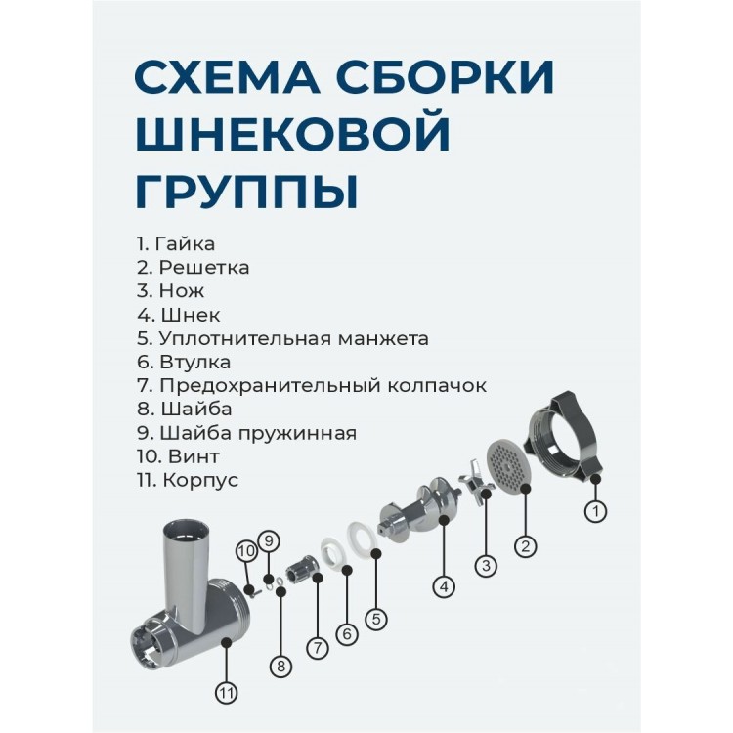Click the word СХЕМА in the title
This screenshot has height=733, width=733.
(227, 75)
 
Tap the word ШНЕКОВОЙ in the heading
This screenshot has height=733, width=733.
(292, 133)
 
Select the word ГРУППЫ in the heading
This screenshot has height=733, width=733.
(247, 191)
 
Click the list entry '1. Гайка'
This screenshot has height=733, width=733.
(176, 243)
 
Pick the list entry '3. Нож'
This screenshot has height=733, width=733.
(171, 291)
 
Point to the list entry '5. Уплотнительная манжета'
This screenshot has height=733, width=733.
(282, 338)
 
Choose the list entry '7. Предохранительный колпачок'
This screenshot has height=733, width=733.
(312, 386)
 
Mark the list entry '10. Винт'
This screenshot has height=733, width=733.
(178, 456)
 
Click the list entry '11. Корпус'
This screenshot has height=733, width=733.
(188, 480)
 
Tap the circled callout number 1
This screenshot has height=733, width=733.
(595, 511)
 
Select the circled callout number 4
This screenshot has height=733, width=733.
(444, 586)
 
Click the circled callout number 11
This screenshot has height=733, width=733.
(227, 693)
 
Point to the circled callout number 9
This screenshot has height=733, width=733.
(269, 541)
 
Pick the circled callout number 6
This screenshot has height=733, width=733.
(347, 634)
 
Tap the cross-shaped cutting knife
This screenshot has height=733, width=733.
(475, 483)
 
